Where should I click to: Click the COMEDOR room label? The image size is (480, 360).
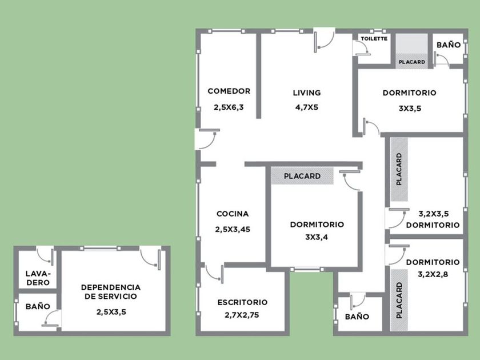pyautogui.click(x=229, y=91)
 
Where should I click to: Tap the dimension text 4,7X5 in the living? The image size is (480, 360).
pyautogui.click(x=307, y=107)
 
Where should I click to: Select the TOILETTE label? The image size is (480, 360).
pyautogui.click(x=374, y=39)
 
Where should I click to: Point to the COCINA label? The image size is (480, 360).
pyautogui.click(x=233, y=214)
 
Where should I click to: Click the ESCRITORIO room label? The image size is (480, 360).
pyautogui.click(x=242, y=302)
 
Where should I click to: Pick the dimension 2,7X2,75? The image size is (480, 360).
pyautogui.click(x=242, y=315)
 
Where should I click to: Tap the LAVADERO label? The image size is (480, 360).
pyautogui.click(x=38, y=278)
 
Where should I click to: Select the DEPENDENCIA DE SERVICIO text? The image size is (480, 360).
pyautogui.click(x=111, y=292)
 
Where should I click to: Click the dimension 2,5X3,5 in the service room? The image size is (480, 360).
pyautogui.click(x=111, y=312)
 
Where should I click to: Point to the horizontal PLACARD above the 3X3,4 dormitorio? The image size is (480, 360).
pyautogui.click(x=302, y=176)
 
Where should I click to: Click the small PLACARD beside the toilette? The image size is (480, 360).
pyautogui.click(x=412, y=62)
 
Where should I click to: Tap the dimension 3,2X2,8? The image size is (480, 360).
pyautogui.click(x=433, y=274)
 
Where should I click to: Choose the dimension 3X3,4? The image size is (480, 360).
pyautogui.click(x=317, y=237)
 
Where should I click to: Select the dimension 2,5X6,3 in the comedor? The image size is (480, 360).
pyautogui.click(x=229, y=107)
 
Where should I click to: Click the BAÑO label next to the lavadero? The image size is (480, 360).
pyautogui.click(x=38, y=306)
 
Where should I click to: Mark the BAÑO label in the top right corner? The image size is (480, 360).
pyautogui.click(x=449, y=45)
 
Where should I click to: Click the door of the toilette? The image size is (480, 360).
pyautogui.click(x=363, y=49)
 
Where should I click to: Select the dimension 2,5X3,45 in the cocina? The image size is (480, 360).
pyautogui.click(x=233, y=229)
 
